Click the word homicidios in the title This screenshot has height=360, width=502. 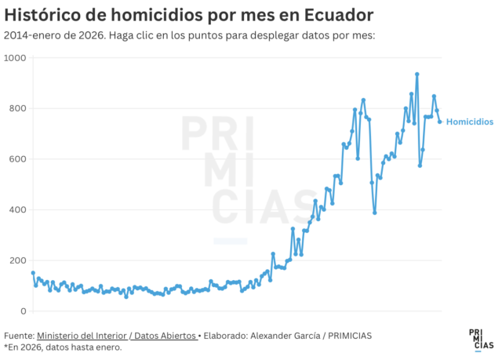(x=141, y=15)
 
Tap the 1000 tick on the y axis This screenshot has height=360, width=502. (x=14, y=59)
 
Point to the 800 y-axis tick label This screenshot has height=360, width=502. (x=17, y=109)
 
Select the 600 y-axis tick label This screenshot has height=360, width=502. (x=17, y=159)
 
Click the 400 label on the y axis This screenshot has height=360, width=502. (x=17, y=210)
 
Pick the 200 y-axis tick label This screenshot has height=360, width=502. (x=17, y=260)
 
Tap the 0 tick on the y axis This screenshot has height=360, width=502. (x=24, y=311)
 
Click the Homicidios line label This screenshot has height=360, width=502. (x=469, y=122)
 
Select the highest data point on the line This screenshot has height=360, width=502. (x=417, y=75)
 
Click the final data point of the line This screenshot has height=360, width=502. (x=439, y=122)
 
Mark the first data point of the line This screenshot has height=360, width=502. (x=33, y=273)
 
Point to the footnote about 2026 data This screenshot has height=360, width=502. (x=63, y=347)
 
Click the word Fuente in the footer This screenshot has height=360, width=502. (x=18, y=336)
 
